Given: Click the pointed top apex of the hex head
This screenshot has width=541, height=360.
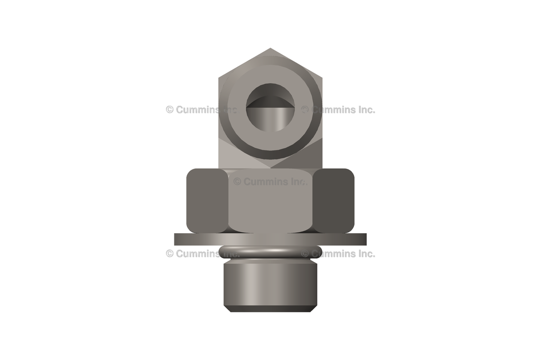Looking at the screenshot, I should point(270,50).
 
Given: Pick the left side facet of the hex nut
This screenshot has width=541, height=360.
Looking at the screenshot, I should point(206,201).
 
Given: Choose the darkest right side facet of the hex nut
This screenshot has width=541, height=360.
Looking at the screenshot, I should point(334,201).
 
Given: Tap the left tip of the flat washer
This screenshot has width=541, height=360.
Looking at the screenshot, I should point(176,240).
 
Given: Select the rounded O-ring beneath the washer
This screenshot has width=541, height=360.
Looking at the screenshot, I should point(270,252).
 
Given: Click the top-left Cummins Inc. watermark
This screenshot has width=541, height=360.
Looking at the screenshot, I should point(201,110).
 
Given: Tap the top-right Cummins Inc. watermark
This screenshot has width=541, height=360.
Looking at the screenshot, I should point(338,110).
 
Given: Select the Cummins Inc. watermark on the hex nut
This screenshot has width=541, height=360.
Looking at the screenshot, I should point(270,182).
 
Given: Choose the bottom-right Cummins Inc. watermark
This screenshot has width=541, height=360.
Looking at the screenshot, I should point(338,253).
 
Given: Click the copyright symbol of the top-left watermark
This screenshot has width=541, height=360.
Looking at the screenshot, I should point(170,110).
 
